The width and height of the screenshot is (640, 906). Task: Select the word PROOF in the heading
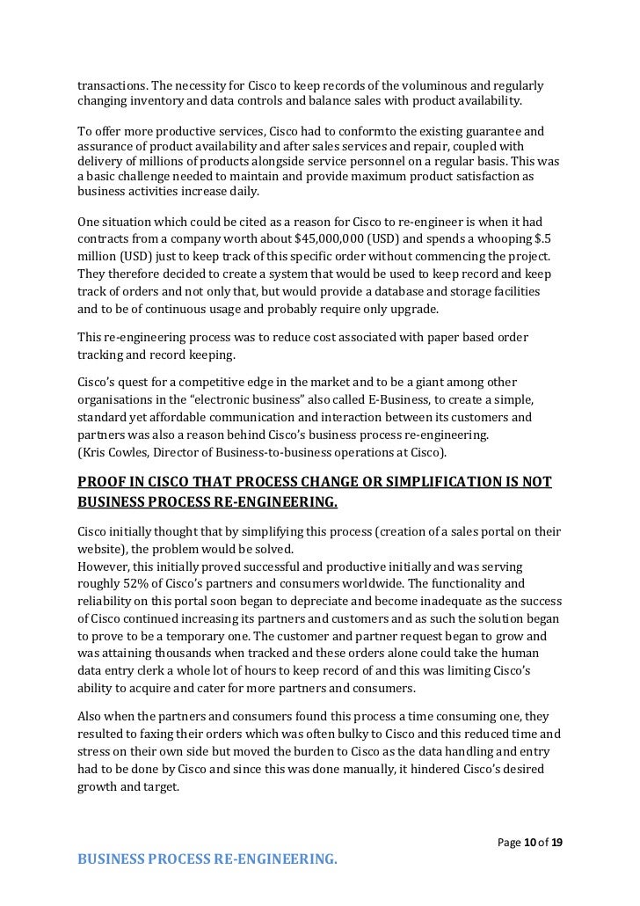[x=102, y=481]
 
